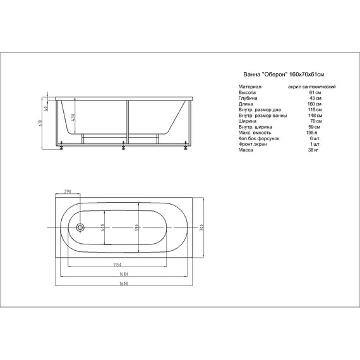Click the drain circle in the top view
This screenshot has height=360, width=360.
(79, 227)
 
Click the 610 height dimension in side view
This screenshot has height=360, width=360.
(40, 125)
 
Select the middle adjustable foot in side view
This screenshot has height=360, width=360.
(123, 150)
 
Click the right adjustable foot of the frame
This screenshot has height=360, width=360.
(184, 150)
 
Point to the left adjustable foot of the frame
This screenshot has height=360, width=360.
(61, 150)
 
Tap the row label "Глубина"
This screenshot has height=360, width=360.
(248, 99)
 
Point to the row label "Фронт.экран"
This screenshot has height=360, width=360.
(252, 145)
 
